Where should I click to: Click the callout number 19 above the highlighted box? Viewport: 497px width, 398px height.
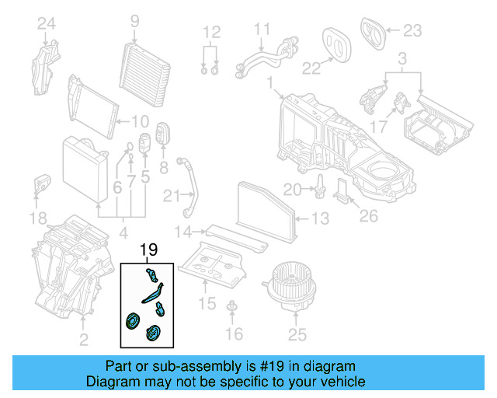[148, 250]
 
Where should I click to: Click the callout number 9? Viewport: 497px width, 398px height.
[134, 22]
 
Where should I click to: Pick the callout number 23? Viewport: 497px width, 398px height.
[412, 31]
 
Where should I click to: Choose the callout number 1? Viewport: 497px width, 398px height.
[269, 82]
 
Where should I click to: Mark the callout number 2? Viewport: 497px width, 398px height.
[84, 339]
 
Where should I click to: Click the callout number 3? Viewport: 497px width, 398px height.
[402, 58]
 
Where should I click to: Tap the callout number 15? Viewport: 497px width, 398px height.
[206, 302]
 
